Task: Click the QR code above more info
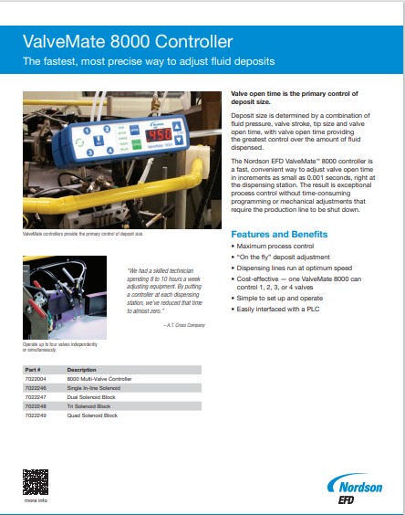36,479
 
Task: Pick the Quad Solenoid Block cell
92,415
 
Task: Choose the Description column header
82,369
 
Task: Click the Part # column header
32,369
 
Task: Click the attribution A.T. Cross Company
182,325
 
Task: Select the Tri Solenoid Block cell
90,405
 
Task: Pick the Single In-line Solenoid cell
95,387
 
